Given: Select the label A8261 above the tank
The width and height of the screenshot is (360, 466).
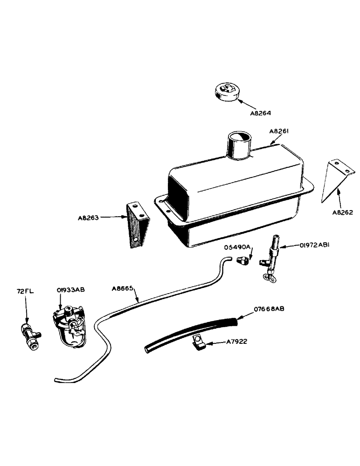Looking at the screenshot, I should click(280, 132).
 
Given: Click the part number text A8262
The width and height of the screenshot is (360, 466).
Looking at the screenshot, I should click(343, 212).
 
